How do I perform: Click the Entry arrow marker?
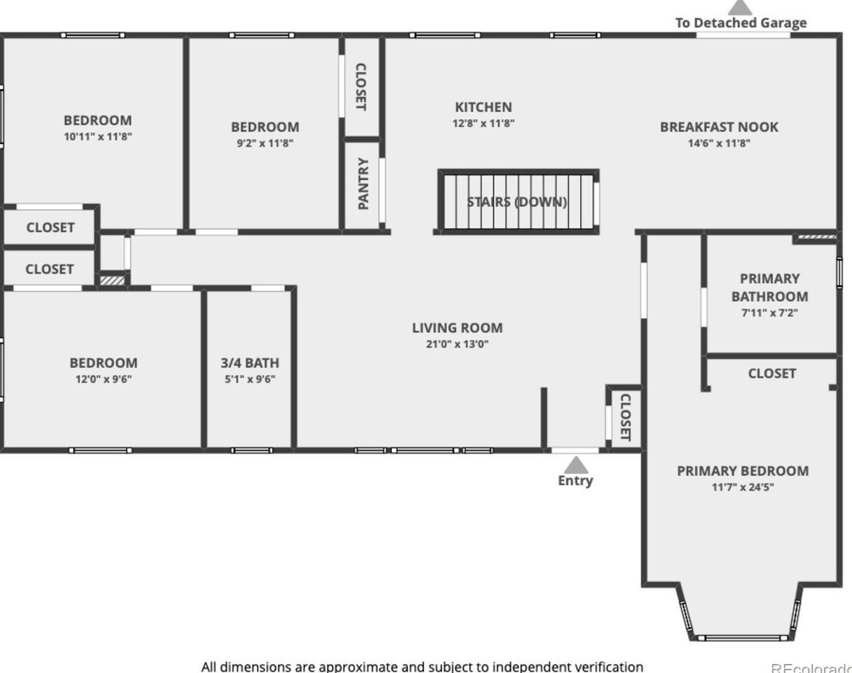click(575, 465)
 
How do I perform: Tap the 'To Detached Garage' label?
click(741, 23)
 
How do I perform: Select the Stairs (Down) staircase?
click(518, 202)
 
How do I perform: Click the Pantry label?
click(363, 184)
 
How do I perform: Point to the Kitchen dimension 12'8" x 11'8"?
click(483, 124)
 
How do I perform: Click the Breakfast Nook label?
click(719, 127)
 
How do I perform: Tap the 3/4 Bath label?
click(249, 363)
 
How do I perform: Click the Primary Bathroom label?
click(769, 288)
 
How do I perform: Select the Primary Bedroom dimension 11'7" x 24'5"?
click(742, 488)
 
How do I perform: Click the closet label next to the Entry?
click(624, 417)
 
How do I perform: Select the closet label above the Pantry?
click(361, 87)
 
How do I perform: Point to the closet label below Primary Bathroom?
click(771, 374)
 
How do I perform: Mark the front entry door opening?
click(575, 451)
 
